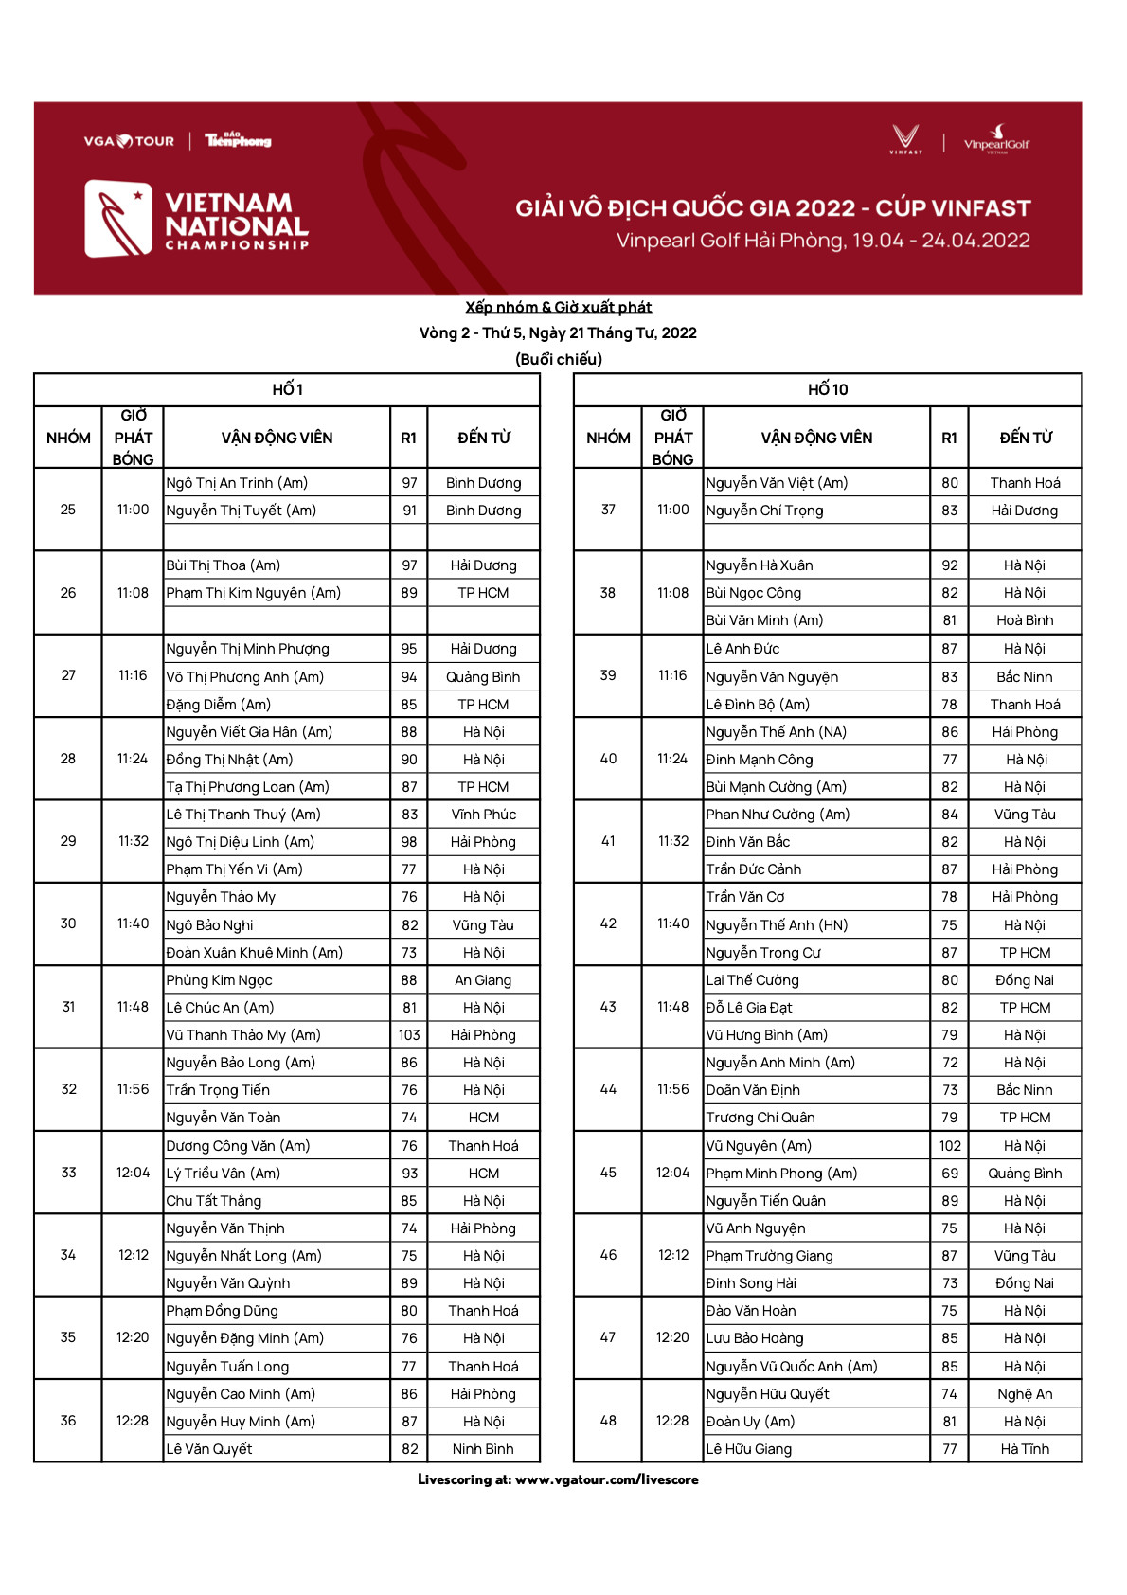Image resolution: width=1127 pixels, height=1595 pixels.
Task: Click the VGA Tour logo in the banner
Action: click(x=129, y=141)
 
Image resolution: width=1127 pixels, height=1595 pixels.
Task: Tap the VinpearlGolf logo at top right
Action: click(x=995, y=139)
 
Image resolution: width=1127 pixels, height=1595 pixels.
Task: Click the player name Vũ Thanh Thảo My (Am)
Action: click(x=243, y=1035)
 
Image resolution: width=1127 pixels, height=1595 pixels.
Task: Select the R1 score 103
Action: click(x=409, y=1035)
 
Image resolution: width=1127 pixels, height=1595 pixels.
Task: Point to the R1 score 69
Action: click(x=949, y=1174)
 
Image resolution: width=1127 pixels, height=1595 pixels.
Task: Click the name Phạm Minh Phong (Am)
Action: click(x=781, y=1174)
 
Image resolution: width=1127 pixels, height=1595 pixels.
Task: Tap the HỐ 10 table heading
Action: click(x=827, y=389)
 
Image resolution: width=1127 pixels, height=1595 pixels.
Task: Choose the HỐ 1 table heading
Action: click(x=287, y=389)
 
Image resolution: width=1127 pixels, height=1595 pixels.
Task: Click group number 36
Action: click(x=68, y=1421)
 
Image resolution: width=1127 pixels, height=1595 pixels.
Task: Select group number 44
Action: click(x=608, y=1090)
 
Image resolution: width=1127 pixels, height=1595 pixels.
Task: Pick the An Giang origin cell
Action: click(x=483, y=980)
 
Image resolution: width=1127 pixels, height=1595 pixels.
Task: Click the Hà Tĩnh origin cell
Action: click(x=1025, y=1449)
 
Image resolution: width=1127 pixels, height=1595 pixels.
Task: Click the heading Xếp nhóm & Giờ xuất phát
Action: click(x=558, y=307)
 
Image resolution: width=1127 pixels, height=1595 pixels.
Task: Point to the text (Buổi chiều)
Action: click(x=558, y=359)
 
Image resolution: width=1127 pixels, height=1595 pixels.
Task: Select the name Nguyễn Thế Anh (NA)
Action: click(x=777, y=732)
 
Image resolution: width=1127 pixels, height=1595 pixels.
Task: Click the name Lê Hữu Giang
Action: click(x=748, y=1449)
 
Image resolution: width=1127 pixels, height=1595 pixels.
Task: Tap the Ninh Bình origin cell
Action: click(x=483, y=1449)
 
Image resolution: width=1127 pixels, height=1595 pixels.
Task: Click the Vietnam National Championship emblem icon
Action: click(x=118, y=219)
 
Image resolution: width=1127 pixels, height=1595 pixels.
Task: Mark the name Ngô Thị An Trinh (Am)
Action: click(x=237, y=483)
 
